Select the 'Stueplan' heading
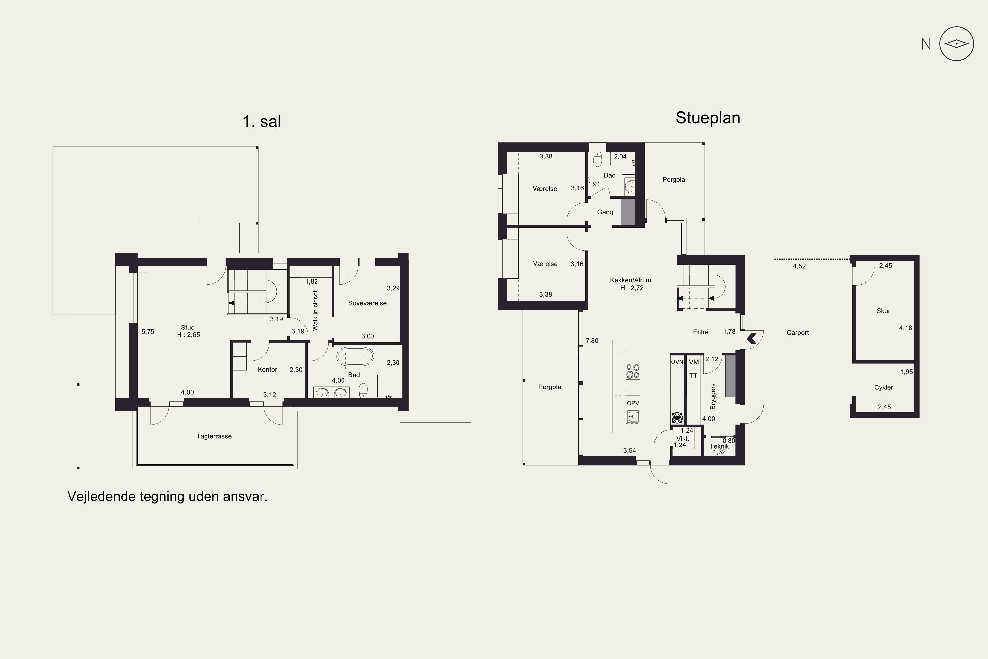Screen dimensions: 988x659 pos(708,118)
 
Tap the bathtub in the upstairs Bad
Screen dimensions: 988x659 pos(355,357)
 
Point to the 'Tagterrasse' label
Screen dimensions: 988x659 pos(214,436)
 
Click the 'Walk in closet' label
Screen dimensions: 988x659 pos(316,311)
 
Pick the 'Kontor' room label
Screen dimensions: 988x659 pos(267,370)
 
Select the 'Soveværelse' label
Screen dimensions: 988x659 pos(367,303)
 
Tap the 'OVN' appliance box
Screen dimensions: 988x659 pos(677,362)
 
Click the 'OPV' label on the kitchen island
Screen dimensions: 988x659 pos(633,403)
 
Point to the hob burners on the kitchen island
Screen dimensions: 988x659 pos(633,371)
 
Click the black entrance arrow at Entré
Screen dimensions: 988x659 pos(752,338)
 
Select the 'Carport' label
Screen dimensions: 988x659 pos(797,333)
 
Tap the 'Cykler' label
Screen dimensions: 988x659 pos(883,387)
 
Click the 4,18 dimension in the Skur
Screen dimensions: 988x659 pos(906,328)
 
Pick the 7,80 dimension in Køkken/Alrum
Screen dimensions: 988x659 pos(592,341)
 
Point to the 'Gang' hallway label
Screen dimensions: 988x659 pos(605,212)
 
